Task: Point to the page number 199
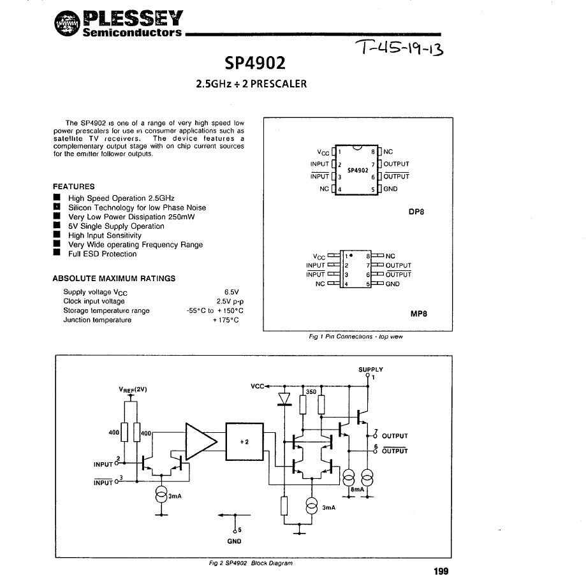tap(441, 570)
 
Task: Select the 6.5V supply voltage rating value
tap(230, 291)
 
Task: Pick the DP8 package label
tap(416, 213)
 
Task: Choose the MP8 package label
tap(418, 314)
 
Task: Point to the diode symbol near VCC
tap(284, 398)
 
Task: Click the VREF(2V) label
tap(133, 389)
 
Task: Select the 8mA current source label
tap(357, 489)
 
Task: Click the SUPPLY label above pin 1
tap(370, 370)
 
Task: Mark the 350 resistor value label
tap(311, 392)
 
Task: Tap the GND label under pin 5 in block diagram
tap(234, 541)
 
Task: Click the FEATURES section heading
tap(73, 186)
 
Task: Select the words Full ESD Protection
tap(102, 254)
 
